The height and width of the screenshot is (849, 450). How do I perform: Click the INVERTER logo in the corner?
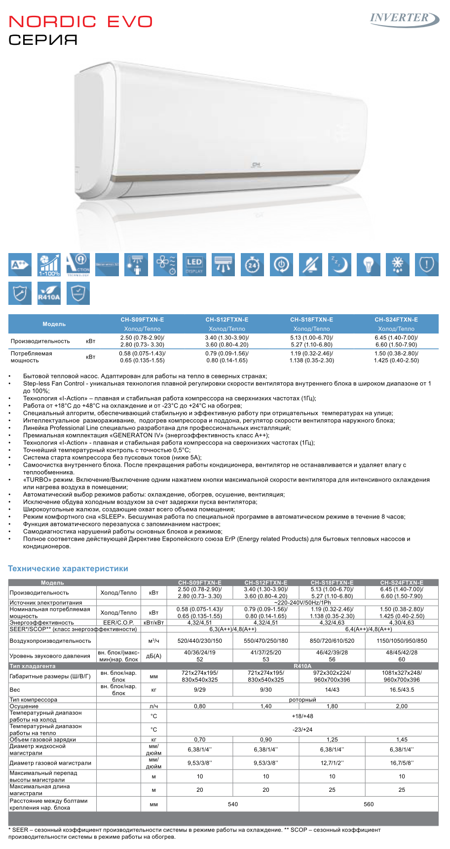click(404, 19)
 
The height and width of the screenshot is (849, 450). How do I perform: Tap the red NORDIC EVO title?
click(81, 22)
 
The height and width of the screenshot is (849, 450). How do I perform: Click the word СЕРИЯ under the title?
click(43, 40)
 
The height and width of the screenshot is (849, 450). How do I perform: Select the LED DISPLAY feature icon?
click(194, 265)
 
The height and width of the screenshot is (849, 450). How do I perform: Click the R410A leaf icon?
click(49, 294)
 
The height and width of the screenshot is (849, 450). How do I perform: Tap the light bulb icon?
click(368, 265)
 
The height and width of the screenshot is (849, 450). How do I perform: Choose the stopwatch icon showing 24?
click(252, 265)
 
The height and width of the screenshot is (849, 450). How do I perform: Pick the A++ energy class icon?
click(20, 265)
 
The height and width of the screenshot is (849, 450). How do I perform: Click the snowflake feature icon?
click(397, 265)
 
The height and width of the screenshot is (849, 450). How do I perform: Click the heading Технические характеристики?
click(68, 568)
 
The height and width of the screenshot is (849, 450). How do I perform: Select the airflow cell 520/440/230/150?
click(200, 641)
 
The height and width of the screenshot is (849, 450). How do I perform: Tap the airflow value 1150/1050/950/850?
click(402, 641)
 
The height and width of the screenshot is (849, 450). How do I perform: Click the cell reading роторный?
click(302, 700)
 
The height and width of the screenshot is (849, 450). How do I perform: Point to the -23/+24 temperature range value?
click(302, 730)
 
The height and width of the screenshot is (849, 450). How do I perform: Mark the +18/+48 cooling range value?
click(302, 716)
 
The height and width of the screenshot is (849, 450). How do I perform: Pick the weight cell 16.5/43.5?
click(402, 690)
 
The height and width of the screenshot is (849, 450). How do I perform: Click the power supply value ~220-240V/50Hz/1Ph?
click(302, 602)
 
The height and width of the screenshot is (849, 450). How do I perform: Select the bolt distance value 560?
click(369, 804)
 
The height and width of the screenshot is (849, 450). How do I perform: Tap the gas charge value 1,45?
click(402, 739)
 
